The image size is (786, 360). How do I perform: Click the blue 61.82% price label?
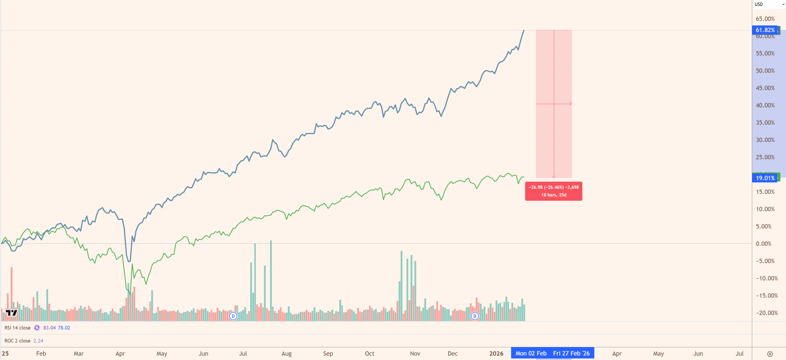765,30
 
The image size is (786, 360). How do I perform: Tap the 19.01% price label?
765,178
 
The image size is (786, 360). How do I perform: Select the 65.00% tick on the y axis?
765,19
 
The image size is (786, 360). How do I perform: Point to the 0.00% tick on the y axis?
763,244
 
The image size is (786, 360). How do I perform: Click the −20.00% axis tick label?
767,313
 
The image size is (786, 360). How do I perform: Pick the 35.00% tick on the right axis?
765,123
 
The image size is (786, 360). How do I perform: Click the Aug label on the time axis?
286,354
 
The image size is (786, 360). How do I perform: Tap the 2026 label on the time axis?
496,354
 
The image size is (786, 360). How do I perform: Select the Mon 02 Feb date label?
531,353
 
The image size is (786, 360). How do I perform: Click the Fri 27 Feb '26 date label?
571,353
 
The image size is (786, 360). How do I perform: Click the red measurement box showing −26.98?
554,191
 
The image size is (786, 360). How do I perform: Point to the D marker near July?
233,316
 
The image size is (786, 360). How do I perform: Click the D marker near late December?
475,316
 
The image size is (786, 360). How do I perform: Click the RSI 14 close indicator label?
18,328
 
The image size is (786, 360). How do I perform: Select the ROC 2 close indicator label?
18,341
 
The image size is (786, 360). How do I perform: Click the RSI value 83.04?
49,328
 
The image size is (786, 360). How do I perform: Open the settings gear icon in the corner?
770,354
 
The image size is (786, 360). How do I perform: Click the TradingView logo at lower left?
12,313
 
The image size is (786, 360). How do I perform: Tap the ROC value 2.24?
38,341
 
